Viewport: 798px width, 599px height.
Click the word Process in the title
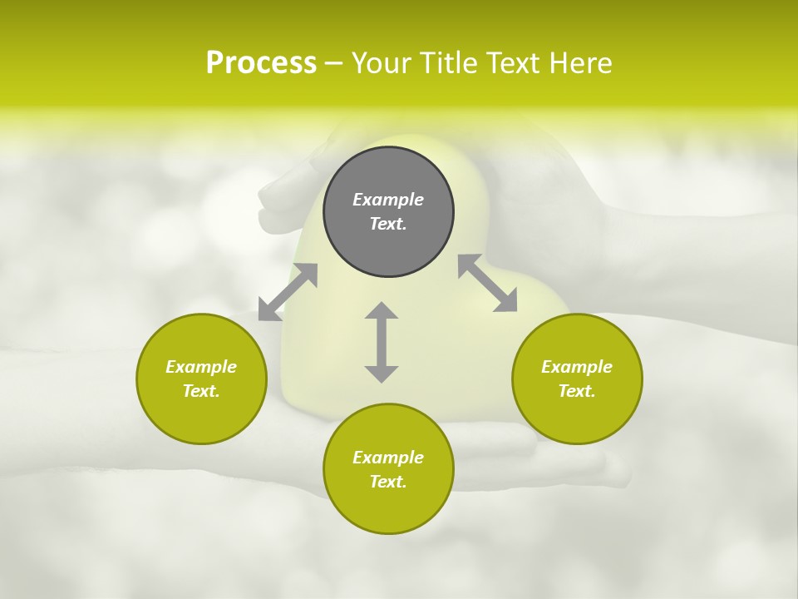coord(261,63)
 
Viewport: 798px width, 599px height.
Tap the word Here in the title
coord(581,63)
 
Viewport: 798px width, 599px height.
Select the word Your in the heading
coord(380,63)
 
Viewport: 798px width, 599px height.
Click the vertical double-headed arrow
coord(382,342)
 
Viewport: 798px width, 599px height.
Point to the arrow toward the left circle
coord(288,292)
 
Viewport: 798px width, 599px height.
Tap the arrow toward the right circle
coord(487,283)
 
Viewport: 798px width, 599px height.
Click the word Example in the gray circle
coord(388,200)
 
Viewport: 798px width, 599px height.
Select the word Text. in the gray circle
coord(388,224)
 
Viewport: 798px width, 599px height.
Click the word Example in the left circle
coord(201,367)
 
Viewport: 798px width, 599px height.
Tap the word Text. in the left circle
coord(201,391)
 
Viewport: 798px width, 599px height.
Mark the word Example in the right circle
coord(577,367)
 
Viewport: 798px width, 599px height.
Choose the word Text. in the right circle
coord(577,391)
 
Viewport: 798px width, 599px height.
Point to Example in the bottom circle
coord(388,458)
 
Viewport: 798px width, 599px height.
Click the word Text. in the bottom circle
coord(388,482)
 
